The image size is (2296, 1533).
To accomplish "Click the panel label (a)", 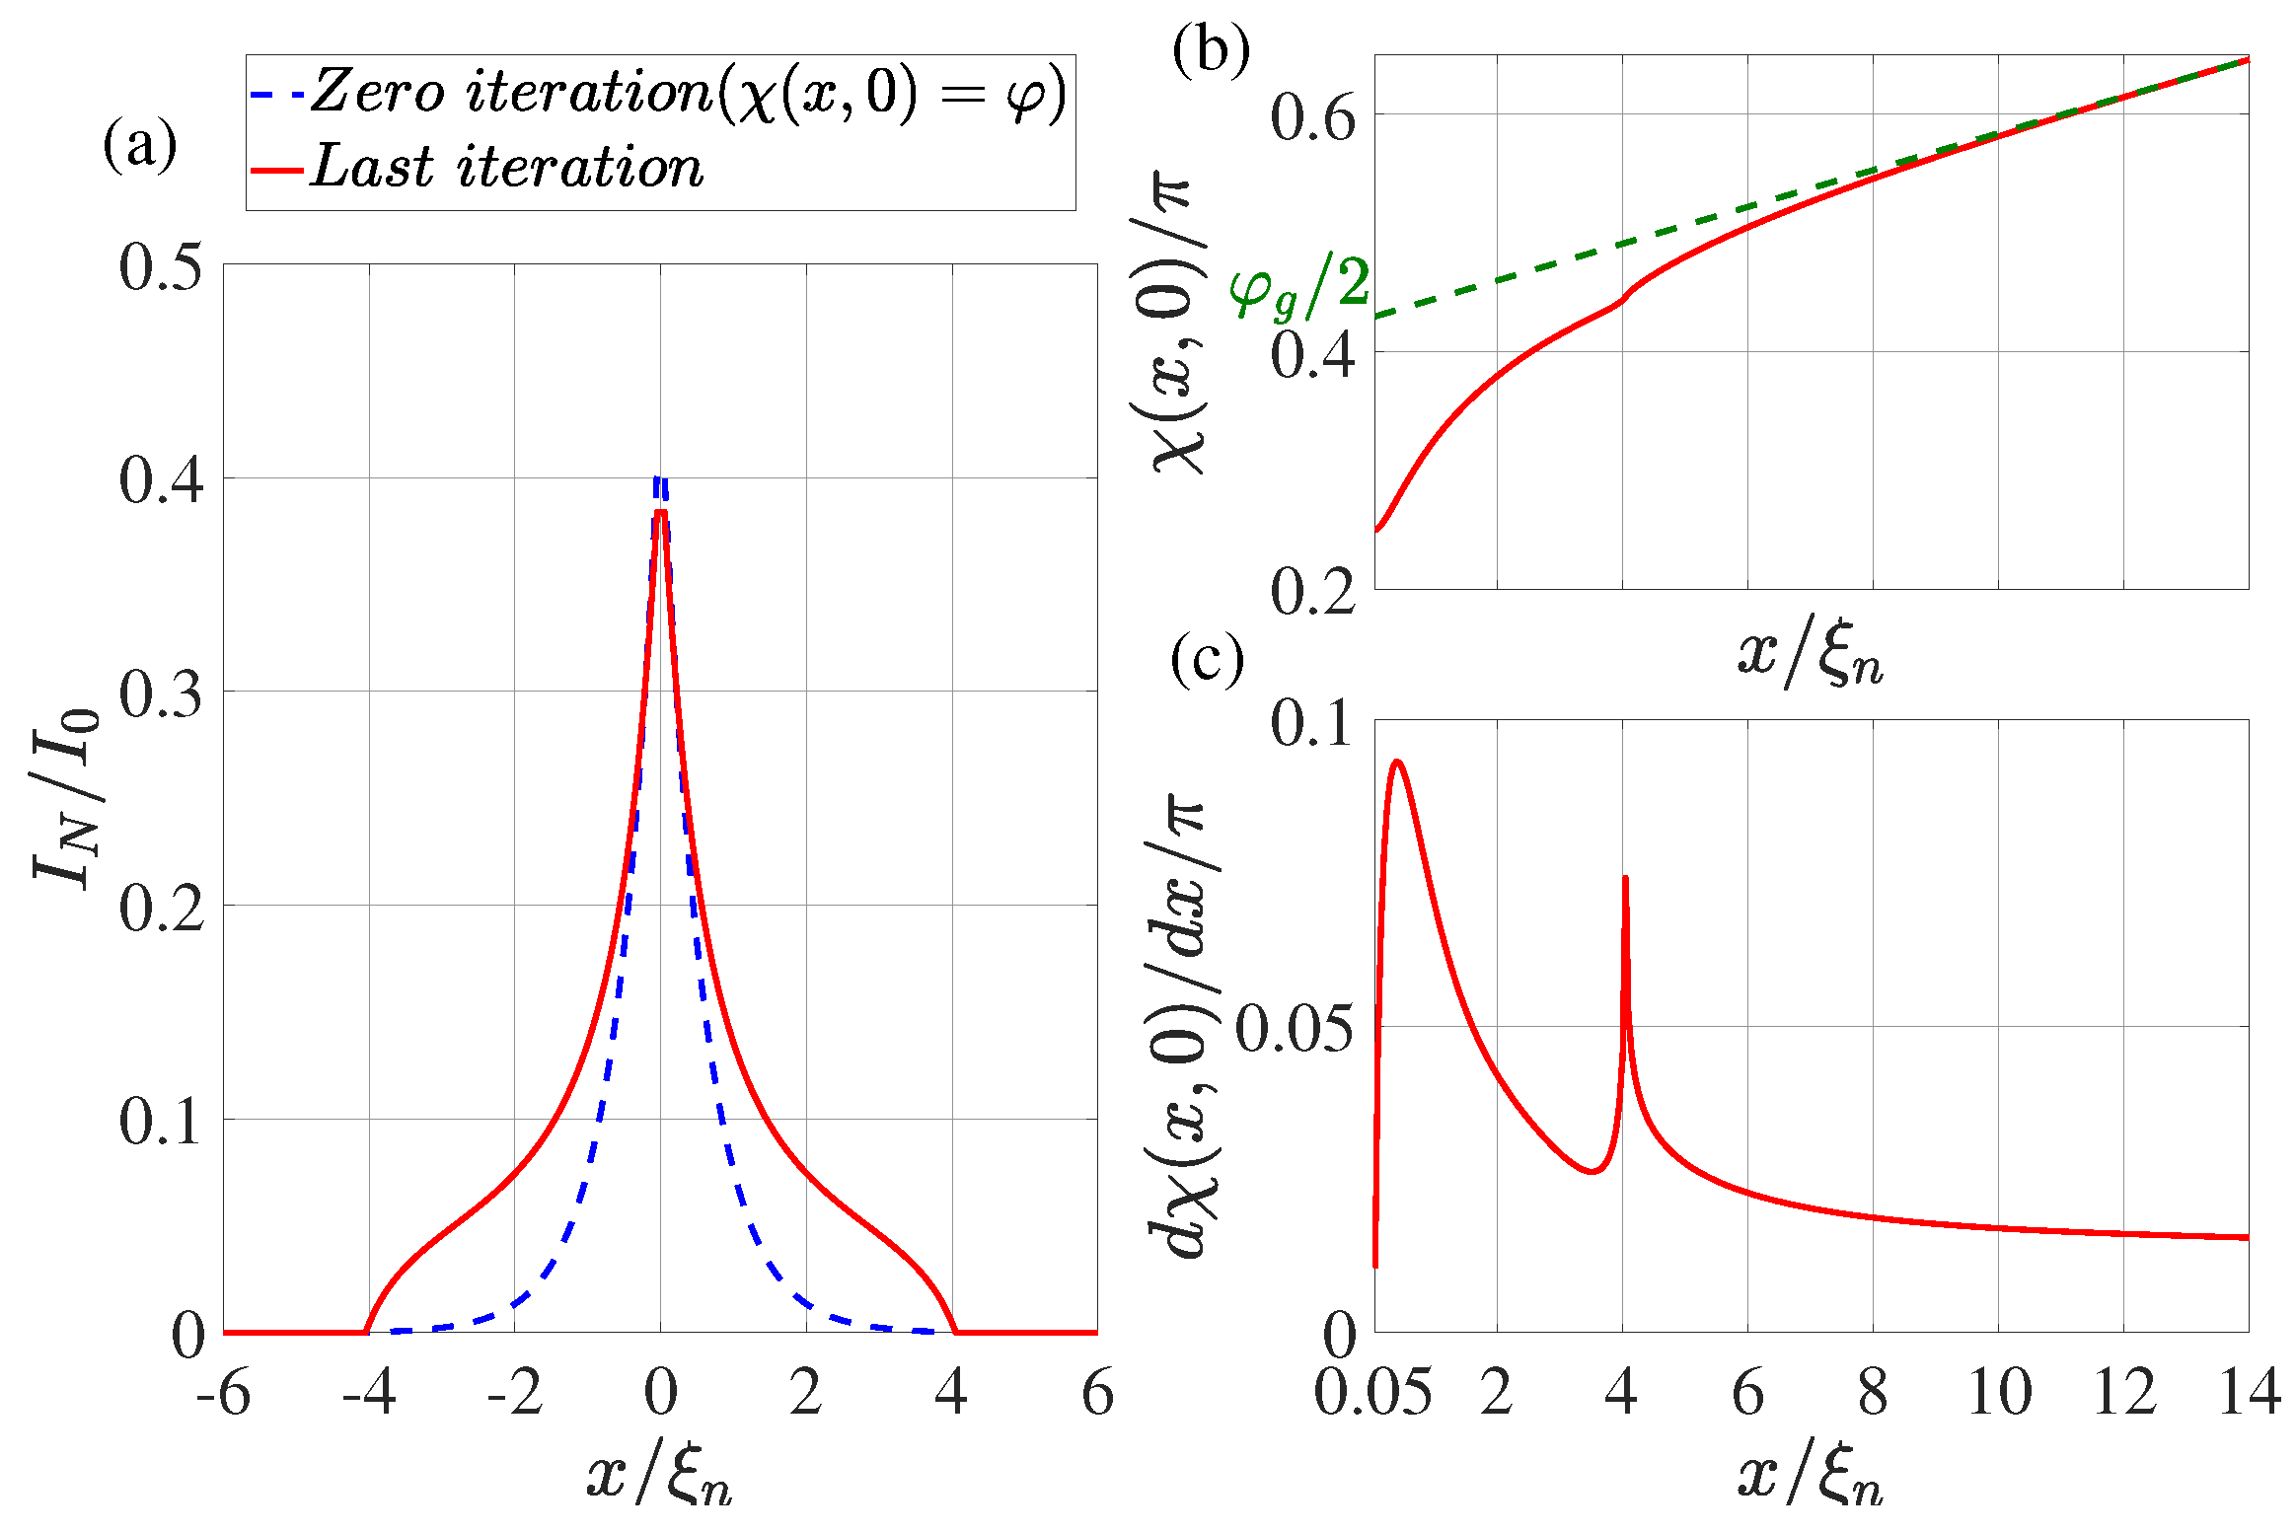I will pos(139,146).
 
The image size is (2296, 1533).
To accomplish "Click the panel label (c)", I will pos(1207,659).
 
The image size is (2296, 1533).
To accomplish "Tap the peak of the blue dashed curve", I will pos(660,479).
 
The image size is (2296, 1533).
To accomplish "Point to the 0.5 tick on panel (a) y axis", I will pos(161,266).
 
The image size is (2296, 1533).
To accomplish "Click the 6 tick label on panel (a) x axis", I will pos(1097,1394).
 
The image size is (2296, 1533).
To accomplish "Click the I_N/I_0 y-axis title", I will pos(67,799).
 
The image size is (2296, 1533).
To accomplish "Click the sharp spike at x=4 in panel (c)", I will pos(1625,878).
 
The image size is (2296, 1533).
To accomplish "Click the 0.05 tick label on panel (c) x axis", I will pos(1372,1394).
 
